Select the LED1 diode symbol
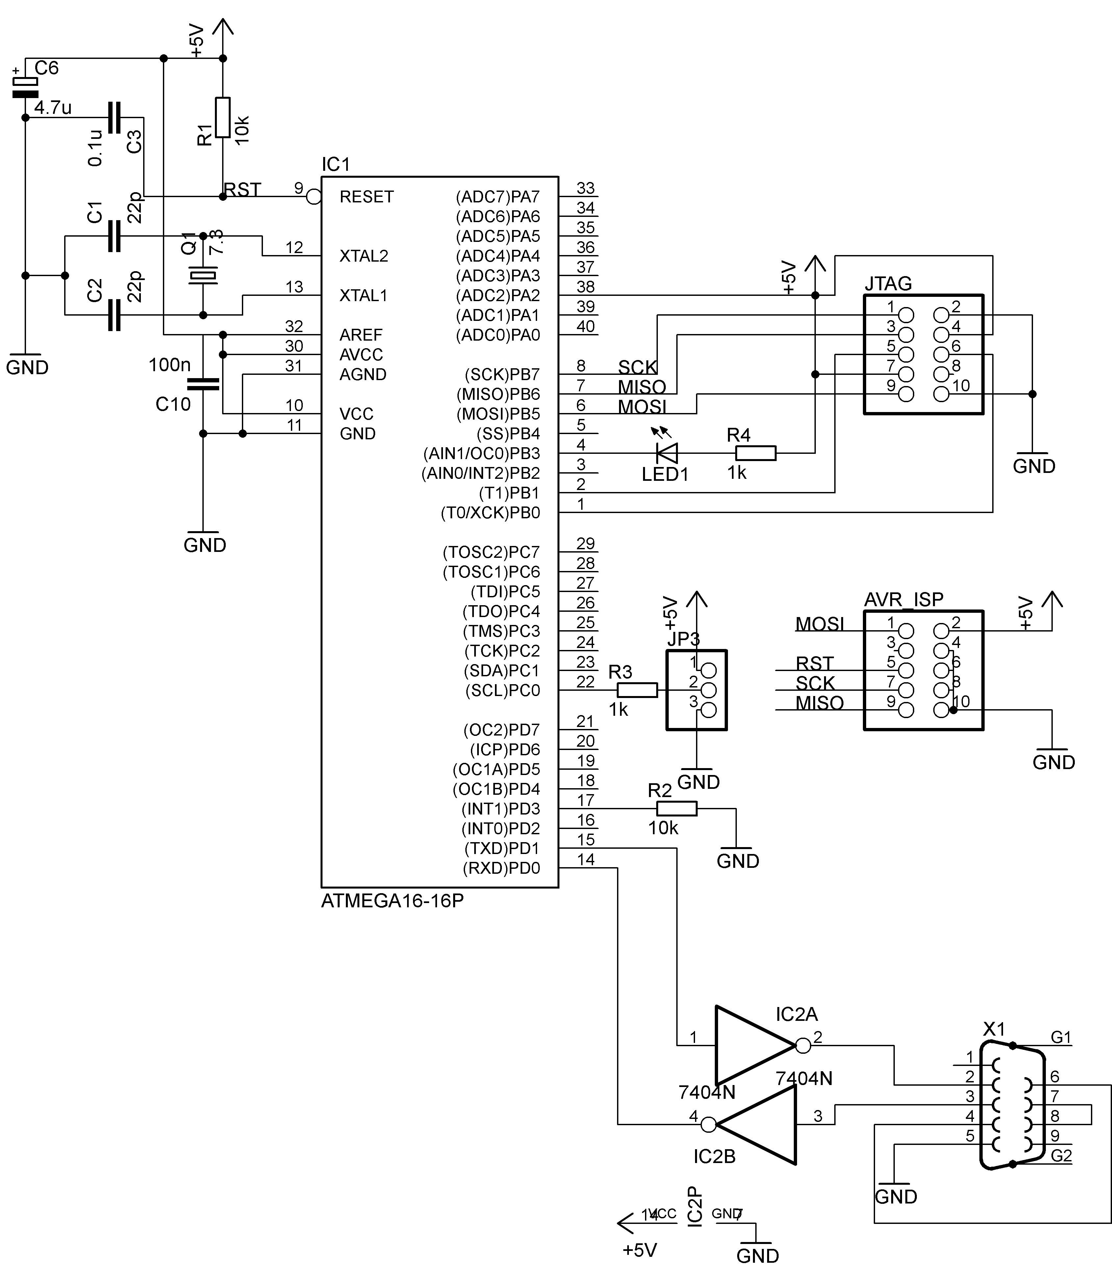(x=667, y=453)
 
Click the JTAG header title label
(x=888, y=283)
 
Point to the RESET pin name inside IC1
(x=367, y=197)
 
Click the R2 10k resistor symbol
(x=677, y=808)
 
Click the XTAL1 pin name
(x=363, y=295)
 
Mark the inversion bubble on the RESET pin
(x=314, y=197)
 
